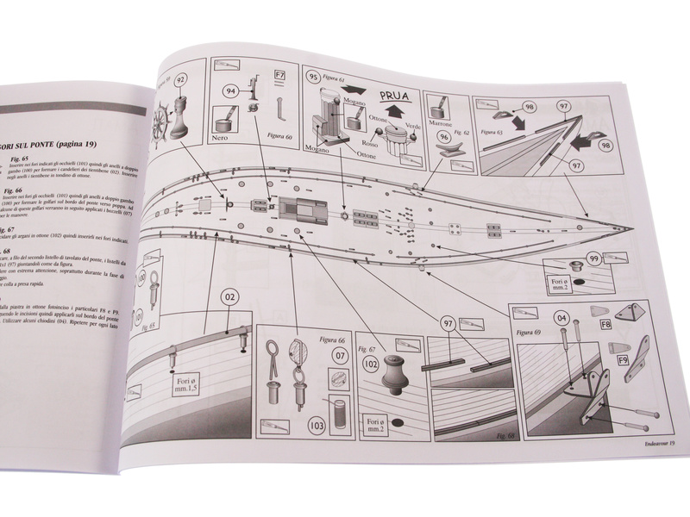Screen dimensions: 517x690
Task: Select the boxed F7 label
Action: pos(279,76)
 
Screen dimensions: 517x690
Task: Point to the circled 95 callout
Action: pos(315,77)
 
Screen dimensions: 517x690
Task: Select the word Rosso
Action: pos(345,144)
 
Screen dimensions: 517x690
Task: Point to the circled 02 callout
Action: pos(229,300)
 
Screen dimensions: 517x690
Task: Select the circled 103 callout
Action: pos(318,423)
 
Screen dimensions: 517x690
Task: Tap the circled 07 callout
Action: pos(341,355)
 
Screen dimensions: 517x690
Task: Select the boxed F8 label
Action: pos(605,325)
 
